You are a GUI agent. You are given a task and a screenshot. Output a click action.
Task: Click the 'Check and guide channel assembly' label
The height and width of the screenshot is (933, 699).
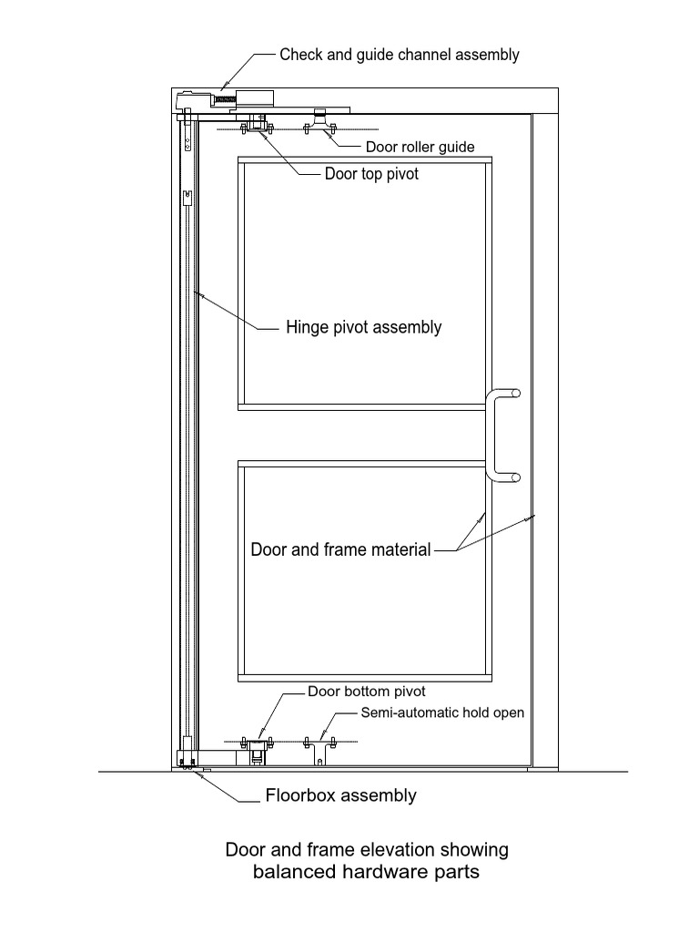(x=399, y=55)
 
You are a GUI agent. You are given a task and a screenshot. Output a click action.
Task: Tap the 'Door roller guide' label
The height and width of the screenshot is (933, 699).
(x=420, y=147)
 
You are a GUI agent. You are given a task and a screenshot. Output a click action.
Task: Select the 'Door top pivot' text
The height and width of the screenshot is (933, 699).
(x=371, y=174)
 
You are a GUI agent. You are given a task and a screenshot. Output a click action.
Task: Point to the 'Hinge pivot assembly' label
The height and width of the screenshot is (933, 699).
(x=363, y=327)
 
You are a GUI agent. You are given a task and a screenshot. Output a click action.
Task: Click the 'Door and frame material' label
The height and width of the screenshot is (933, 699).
(x=340, y=549)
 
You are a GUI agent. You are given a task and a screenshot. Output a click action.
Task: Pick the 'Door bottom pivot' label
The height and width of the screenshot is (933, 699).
(x=366, y=692)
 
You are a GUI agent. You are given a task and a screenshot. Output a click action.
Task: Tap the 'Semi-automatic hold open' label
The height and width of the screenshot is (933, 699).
(x=442, y=713)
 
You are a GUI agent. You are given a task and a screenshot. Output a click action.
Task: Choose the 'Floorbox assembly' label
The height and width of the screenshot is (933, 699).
(x=340, y=795)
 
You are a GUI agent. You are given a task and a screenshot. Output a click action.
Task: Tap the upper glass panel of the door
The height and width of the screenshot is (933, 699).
(x=364, y=282)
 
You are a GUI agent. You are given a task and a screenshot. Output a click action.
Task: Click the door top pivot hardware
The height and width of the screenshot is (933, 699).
(x=258, y=125)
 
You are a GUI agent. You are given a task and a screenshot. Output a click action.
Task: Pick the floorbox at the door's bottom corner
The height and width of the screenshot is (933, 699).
(x=187, y=760)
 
